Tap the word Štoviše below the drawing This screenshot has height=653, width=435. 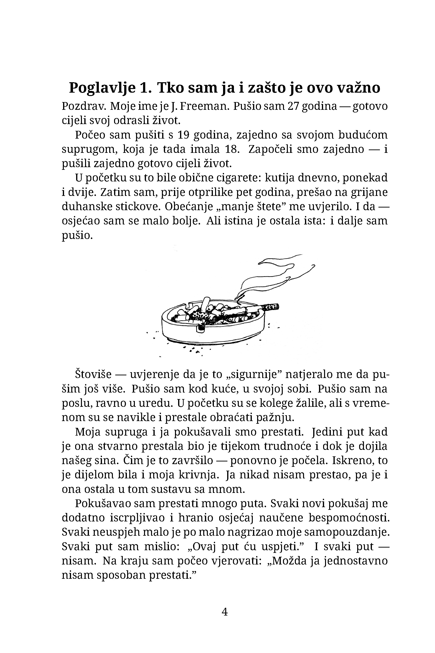click(93, 375)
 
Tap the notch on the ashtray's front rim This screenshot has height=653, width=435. click(200, 328)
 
